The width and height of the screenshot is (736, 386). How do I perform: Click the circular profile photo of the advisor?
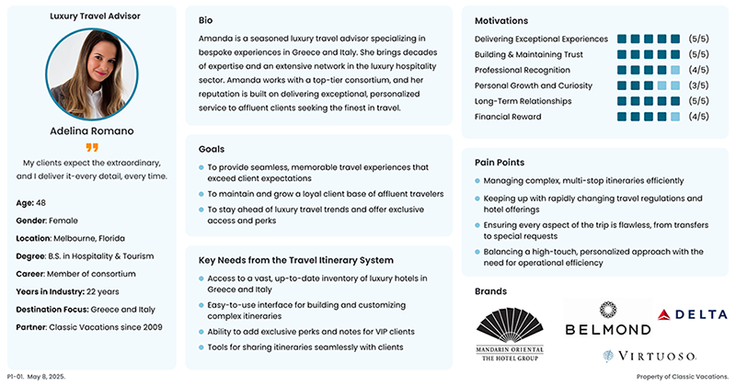point(91,73)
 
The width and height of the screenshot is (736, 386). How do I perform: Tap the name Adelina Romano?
point(91,131)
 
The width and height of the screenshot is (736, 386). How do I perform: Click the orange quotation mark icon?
point(91,147)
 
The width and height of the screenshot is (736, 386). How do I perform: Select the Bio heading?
point(206,20)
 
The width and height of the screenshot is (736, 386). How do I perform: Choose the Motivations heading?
point(501,20)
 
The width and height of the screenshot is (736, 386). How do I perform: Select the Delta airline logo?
point(692,314)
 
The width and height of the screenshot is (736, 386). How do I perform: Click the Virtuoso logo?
point(649,356)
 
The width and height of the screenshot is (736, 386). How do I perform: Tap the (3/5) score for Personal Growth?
point(698,85)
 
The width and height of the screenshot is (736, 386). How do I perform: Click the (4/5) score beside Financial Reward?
point(698,117)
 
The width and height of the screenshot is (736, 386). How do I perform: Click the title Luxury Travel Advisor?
point(91,17)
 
